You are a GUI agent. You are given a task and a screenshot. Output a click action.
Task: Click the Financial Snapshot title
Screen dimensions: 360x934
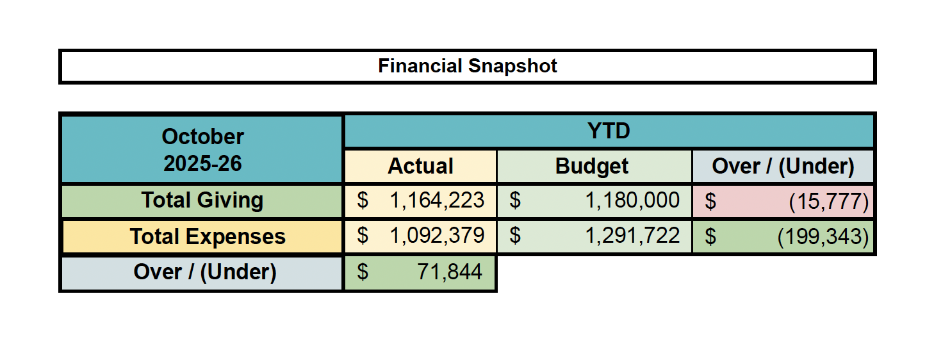pos(468,66)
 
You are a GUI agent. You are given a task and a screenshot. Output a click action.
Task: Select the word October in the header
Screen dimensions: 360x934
pos(202,136)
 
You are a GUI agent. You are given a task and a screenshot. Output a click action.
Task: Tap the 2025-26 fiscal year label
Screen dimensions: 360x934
pos(202,163)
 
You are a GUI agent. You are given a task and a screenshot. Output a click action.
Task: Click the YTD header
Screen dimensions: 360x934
pos(609,131)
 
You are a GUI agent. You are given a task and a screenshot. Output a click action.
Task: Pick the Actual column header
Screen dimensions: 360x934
pos(420,167)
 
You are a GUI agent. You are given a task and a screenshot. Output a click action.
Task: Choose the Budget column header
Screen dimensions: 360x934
pos(592,167)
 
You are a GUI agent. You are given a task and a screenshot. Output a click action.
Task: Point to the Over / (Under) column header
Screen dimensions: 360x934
pos(783,167)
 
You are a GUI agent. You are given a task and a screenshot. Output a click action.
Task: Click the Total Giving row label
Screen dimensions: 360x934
pos(202,200)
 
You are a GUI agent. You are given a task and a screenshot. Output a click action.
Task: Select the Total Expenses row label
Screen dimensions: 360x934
pos(208,237)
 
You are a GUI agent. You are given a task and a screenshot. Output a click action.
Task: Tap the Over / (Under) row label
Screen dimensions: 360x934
pos(205,273)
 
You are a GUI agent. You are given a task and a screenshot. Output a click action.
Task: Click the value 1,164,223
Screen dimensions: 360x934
pos(437,200)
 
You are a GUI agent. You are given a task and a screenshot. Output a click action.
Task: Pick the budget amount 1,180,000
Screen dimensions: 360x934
pos(632,200)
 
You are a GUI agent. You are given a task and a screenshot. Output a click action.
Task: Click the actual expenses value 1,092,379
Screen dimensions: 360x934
pos(437,236)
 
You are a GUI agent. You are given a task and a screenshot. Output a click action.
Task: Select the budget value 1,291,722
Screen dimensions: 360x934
pos(632,236)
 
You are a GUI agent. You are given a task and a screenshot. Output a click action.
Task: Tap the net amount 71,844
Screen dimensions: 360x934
pos(450,272)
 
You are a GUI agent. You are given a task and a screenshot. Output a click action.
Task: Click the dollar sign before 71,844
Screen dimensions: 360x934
pos(363,272)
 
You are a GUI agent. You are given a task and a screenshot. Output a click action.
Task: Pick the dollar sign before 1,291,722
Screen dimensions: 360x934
pos(514,236)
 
